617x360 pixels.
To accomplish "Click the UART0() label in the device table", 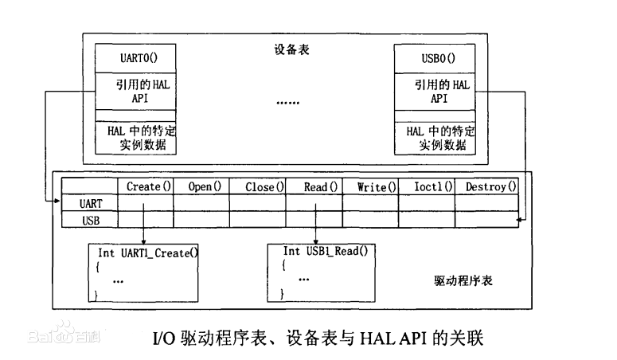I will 135,58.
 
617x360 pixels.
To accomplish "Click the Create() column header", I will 149,186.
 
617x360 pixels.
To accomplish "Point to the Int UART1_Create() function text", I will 148,253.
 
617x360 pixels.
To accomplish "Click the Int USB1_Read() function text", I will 325,251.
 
